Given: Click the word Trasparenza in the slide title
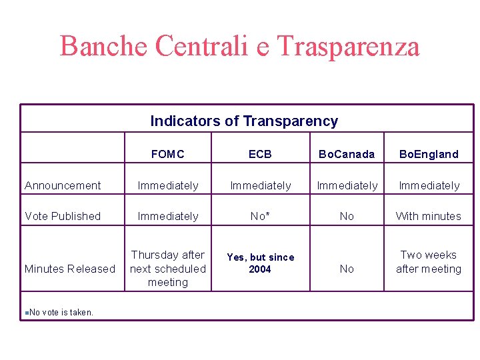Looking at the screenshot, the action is click(347, 46).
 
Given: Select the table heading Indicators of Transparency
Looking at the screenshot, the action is click(244, 121).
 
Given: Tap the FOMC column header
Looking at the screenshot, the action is click(167, 154).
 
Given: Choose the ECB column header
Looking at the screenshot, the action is click(260, 154).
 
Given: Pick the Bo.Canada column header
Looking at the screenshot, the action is click(347, 154).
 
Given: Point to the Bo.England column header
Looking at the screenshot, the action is click(429, 154).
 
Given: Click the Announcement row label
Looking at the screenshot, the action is click(63, 185).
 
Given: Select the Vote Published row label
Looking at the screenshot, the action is click(63, 216).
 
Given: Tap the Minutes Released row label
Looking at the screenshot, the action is click(70, 269).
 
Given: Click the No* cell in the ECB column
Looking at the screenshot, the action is click(260, 216).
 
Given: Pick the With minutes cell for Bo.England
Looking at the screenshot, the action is click(429, 216).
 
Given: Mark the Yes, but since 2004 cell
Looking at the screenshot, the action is click(260, 263).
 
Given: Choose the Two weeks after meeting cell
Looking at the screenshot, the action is click(429, 262).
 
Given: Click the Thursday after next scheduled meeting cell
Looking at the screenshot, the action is click(167, 269).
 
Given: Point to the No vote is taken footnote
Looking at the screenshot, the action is click(61, 312).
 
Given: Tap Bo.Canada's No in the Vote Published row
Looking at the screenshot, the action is click(347, 216).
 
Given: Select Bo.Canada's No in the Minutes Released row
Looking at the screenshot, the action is click(347, 269).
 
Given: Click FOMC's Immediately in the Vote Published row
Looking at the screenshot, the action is click(167, 216).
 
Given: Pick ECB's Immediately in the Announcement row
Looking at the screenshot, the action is click(260, 185).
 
